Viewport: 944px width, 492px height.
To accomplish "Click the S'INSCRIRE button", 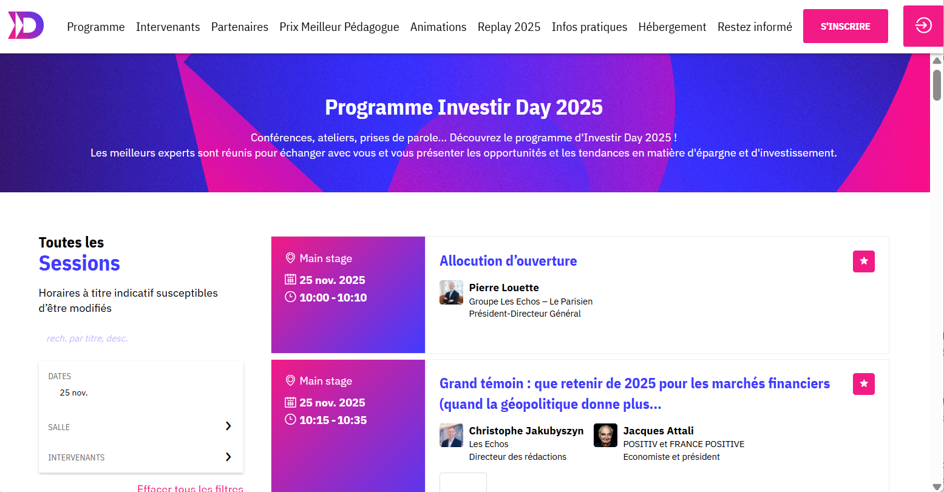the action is pos(846,26).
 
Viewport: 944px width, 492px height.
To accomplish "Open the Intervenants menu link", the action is pos(168,27).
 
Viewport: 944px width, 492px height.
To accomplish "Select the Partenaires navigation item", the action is pos(240,27).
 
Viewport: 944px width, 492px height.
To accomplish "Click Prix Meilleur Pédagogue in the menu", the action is pos(339,27).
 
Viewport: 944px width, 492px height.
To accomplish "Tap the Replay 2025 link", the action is pos(509,27).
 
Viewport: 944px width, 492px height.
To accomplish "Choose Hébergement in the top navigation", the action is pos(672,27).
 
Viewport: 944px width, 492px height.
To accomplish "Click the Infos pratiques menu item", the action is pos(589,27).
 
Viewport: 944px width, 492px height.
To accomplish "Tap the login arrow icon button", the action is pos(923,25).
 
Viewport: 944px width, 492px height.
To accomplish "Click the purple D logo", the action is pos(26,25).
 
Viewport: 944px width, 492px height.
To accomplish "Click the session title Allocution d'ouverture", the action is pos(508,261).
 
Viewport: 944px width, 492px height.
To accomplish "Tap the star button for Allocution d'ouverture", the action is pos(864,261).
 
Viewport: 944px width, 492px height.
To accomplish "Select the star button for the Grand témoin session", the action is pos(864,384).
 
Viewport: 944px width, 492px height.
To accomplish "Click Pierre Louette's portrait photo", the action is pos(451,292).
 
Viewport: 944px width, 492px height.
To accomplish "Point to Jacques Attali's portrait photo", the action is pos(606,435).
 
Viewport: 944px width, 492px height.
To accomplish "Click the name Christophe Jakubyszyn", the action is pos(526,431).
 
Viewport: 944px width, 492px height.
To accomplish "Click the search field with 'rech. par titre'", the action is pos(141,339).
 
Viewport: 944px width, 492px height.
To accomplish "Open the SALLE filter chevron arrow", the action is pos(228,426).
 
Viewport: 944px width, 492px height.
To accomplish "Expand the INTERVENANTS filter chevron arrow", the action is pos(228,457).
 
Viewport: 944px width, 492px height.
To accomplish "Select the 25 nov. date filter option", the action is pos(73,393).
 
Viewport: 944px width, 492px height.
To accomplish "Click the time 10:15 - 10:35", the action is pos(333,420).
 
